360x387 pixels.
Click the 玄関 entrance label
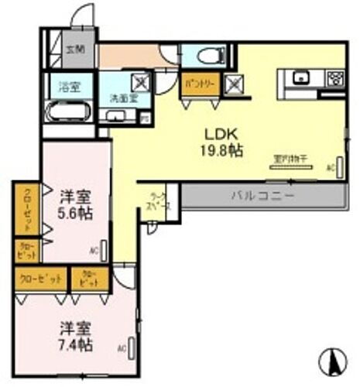click(75, 50)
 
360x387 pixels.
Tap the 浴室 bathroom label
click(62, 86)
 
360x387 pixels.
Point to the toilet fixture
click(208, 55)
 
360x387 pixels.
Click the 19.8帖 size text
click(219, 149)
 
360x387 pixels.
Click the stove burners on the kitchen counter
click(336, 77)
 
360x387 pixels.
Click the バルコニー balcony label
click(261, 197)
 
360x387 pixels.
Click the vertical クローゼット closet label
click(26, 210)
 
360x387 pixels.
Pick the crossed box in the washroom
click(140, 81)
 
